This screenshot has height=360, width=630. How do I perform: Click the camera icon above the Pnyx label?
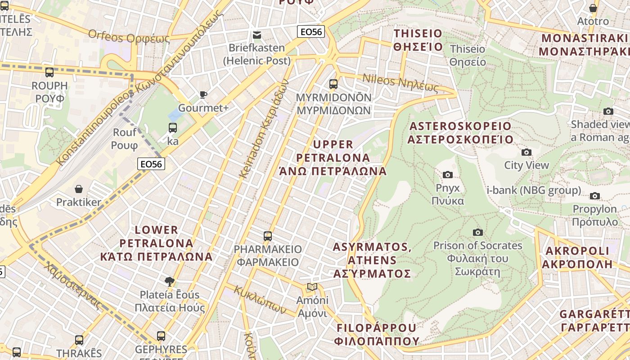(x=448, y=175)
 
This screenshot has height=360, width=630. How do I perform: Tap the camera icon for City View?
(x=526, y=152)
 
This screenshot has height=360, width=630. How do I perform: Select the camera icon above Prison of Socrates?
(x=478, y=232)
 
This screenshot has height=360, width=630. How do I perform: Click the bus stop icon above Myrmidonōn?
(x=333, y=84)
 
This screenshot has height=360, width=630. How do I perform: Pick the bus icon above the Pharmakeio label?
(x=268, y=236)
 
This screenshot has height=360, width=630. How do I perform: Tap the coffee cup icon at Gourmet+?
(x=203, y=94)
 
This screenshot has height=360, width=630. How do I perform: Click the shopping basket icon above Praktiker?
(x=79, y=189)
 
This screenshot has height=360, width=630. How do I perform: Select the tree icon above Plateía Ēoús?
(x=170, y=282)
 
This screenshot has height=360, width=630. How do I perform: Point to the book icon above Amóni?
(x=312, y=287)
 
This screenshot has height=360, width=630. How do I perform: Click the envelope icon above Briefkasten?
(x=257, y=35)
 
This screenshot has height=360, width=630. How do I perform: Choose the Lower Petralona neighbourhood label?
(x=157, y=243)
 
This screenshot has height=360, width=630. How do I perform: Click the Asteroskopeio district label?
(x=460, y=133)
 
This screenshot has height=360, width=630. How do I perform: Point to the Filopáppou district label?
(x=377, y=334)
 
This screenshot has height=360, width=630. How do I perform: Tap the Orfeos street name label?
(x=129, y=36)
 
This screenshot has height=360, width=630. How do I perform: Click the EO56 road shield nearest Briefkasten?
(x=311, y=31)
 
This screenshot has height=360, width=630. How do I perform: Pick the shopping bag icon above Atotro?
(x=593, y=8)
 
